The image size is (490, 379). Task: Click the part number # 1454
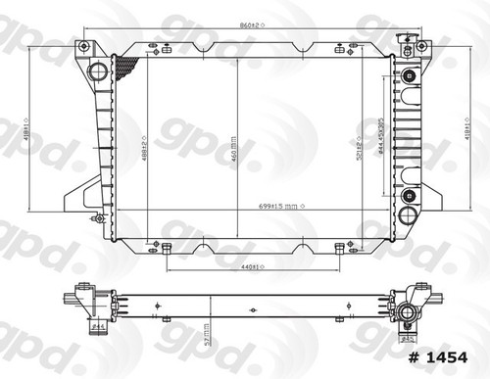443,355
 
